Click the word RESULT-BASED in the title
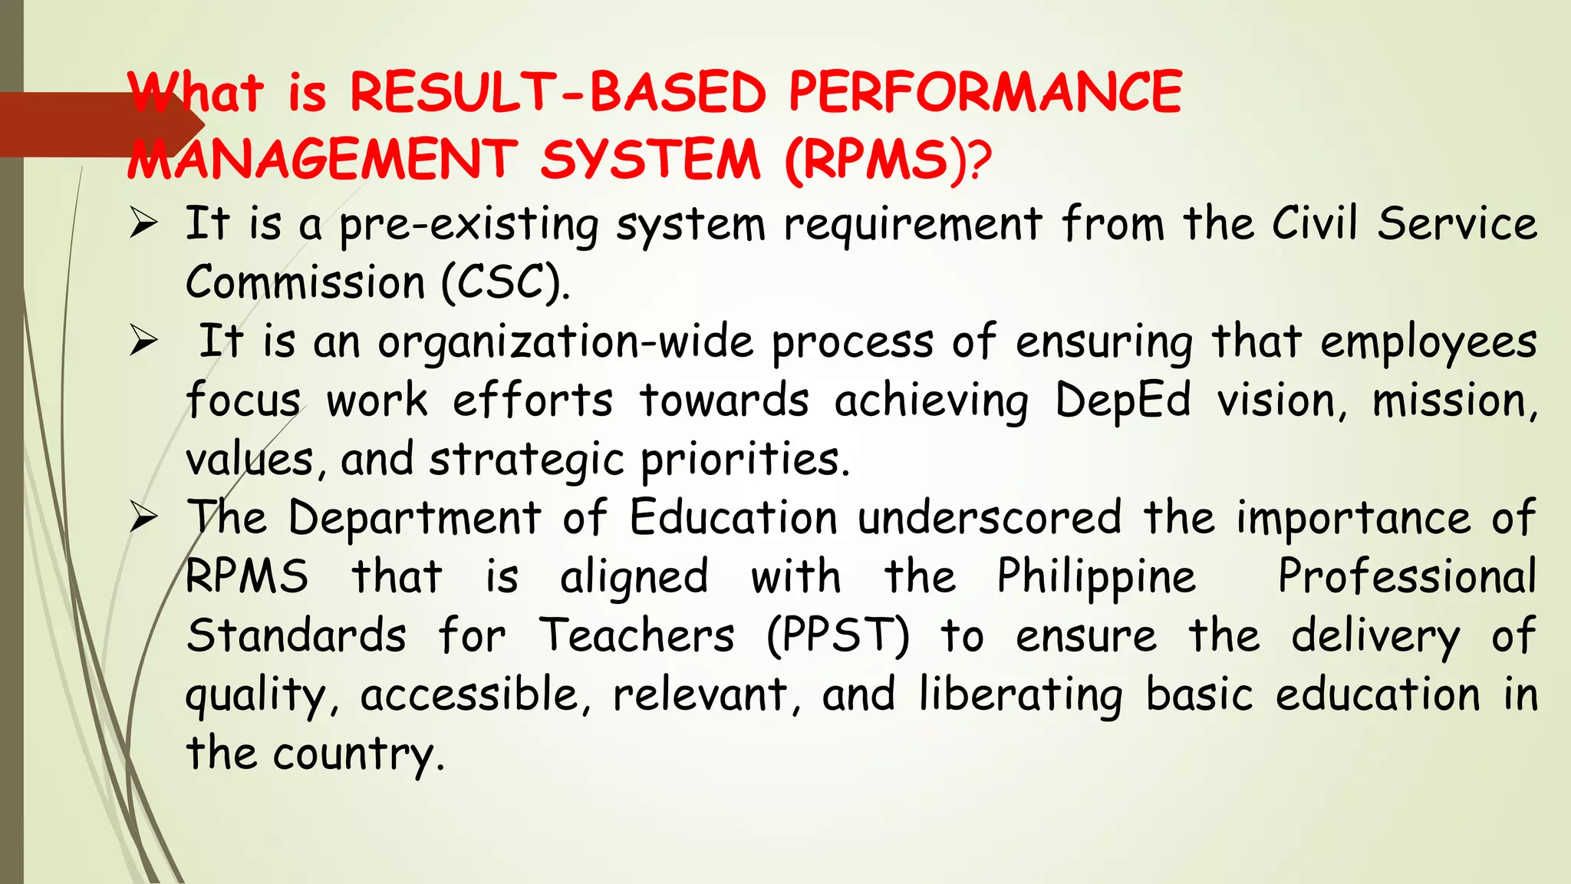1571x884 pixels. pos(558,93)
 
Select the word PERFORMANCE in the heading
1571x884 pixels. pos(986,93)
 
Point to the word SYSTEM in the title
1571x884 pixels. pos(650,160)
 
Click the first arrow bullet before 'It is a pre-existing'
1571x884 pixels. pos(143,223)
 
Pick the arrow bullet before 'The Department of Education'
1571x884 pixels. pos(143,518)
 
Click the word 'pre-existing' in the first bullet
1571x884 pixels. pos(469,226)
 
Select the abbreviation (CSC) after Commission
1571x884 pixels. pos(505,282)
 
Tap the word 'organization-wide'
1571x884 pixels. pos(565,342)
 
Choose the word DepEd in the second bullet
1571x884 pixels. pos(1123,401)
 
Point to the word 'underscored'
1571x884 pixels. pos(990,518)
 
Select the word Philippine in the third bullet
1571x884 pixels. pos(1096,577)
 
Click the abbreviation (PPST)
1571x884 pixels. pos(838,636)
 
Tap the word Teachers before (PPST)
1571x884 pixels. pos(637,636)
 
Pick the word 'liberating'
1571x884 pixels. pos(1021,695)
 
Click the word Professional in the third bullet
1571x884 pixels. pos(1407,577)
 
